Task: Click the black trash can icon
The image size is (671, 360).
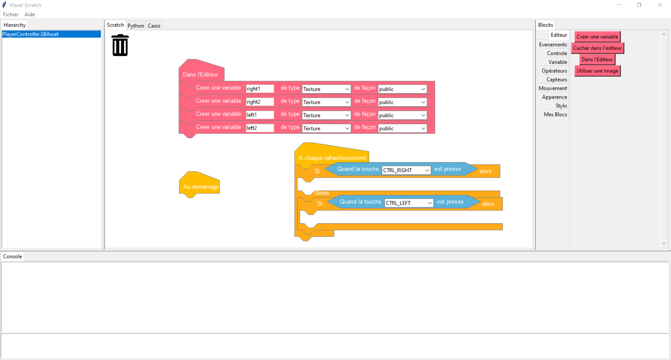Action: (120, 45)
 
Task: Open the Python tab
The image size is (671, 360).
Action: (136, 26)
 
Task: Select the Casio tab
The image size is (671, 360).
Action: (154, 26)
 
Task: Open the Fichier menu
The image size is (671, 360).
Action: (11, 14)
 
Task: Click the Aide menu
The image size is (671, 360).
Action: (30, 14)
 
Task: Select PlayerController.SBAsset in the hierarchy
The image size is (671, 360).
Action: (51, 34)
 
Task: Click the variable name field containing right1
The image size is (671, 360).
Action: (260, 89)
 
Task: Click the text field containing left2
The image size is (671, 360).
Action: (260, 128)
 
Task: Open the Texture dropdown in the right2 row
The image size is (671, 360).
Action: (326, 102)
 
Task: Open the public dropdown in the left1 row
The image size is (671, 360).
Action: (402, 115)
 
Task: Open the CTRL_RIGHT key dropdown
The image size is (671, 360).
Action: (406, 170)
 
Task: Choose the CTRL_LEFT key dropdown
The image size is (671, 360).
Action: (409, 203)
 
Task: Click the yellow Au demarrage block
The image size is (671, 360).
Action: (200, 185)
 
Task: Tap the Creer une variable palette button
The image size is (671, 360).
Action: (597, 37)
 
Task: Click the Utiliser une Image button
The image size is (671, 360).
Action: (597, 71)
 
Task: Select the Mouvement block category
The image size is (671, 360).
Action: (553, 88)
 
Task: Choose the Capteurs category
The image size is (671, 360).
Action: (556, 80)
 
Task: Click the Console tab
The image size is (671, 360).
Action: (13, 256)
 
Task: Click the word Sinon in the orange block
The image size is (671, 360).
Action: (322, 193)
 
